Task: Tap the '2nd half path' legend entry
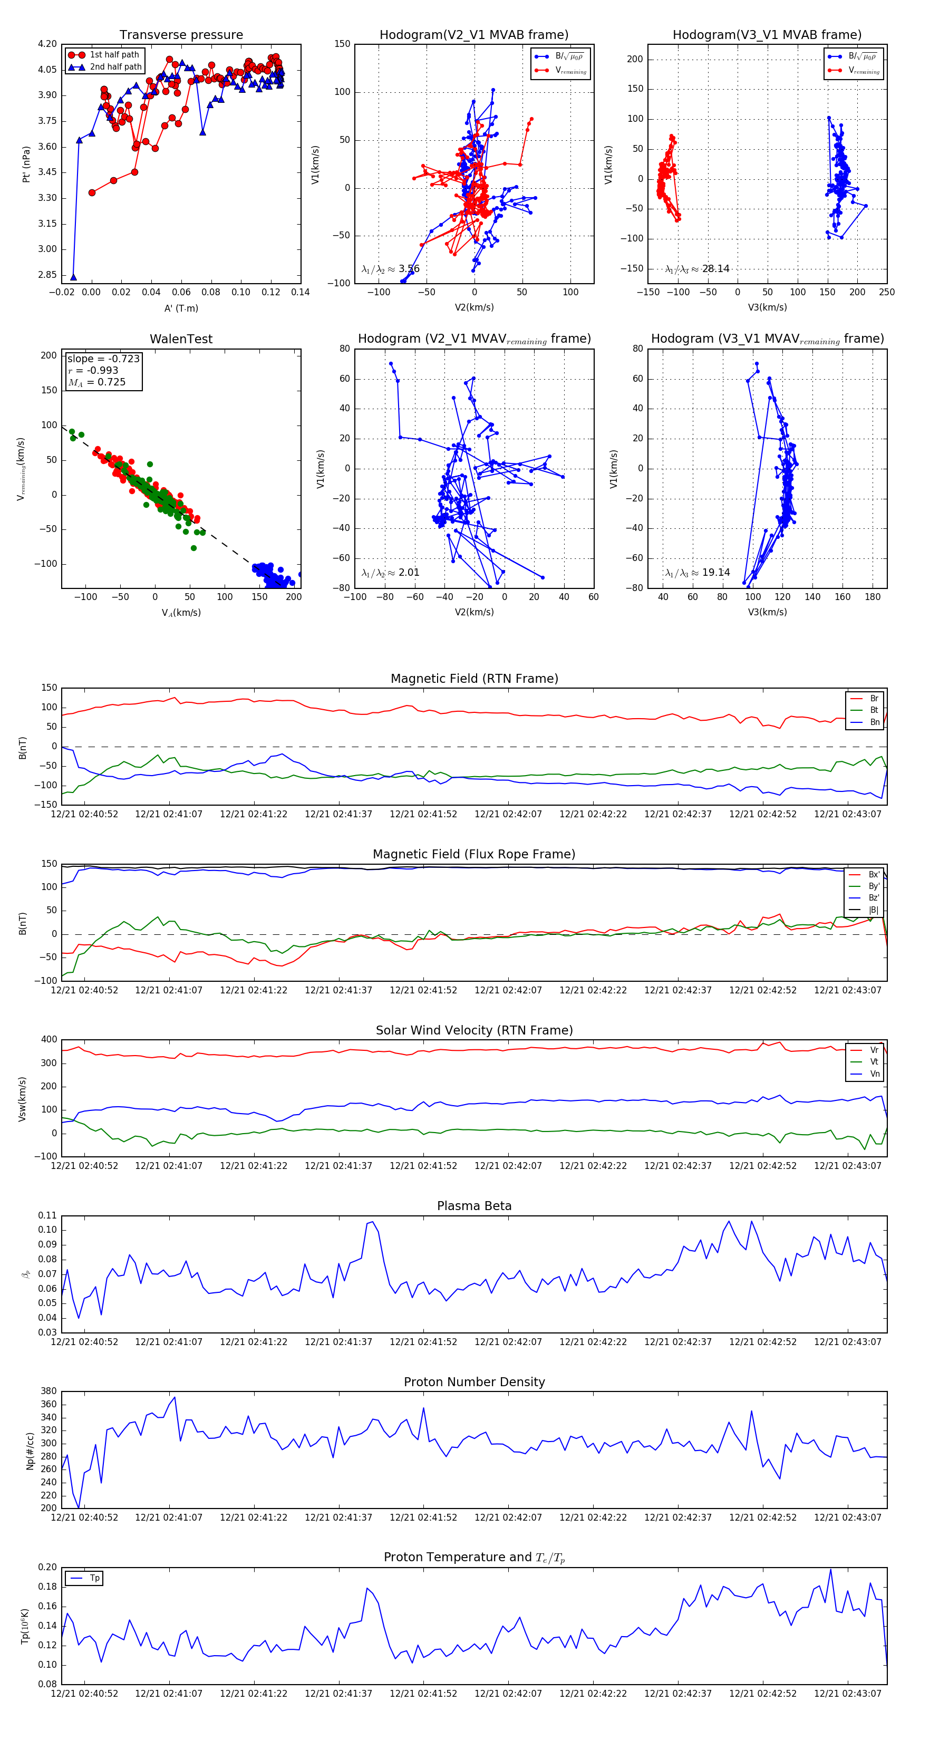[115, 67]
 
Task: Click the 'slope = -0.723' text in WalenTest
[103, 359]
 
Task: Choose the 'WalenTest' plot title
[181, 339]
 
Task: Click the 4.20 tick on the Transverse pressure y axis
[47, 44]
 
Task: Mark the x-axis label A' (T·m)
[181, 308]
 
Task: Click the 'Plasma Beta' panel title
[474, 1206]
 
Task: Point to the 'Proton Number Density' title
[474, 1382]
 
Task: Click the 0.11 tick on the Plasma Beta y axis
[47, 1215]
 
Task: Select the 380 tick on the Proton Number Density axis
[49, 1391]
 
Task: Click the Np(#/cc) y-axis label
[30, 1450]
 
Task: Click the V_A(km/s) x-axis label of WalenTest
[181, 613]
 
